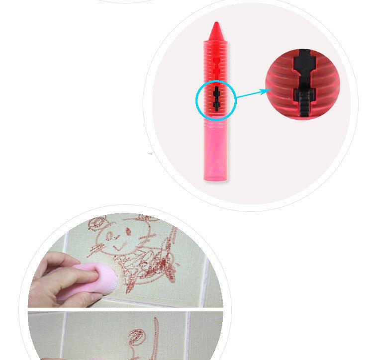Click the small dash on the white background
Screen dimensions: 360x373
[150, 155]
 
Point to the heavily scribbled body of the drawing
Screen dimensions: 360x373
[149, 259]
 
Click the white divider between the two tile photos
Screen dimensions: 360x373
[124, 309]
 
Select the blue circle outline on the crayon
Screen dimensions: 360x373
[196, 99]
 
